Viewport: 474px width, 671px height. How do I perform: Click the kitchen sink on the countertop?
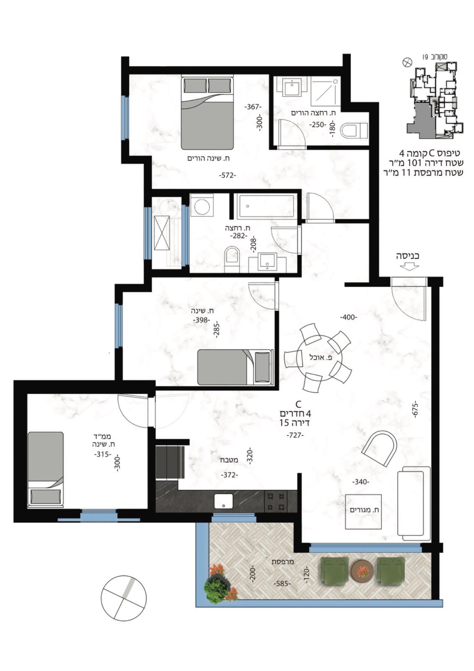point(223,502)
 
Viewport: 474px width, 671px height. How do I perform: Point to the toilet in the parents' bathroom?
point(354,130)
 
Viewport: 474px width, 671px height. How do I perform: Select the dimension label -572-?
point(227,176)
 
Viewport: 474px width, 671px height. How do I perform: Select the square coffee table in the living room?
point(363,512)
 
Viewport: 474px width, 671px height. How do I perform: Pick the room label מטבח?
point(229,460)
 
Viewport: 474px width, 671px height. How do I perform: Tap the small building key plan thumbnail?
point(435,100)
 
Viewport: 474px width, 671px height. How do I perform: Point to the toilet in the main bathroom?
point(232,259)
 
